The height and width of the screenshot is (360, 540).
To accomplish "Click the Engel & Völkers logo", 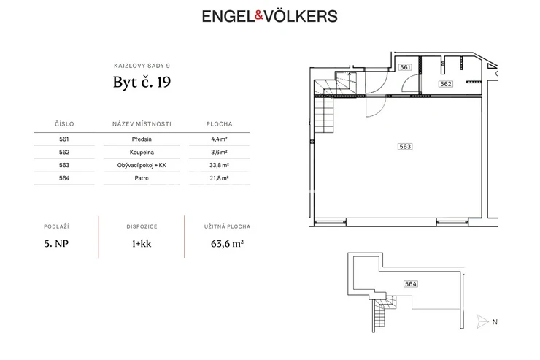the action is [x=270, y=16].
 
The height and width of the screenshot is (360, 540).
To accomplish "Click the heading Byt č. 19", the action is [x=142, y=82].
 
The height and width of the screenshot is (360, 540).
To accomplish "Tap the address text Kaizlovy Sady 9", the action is [x=142, y=66].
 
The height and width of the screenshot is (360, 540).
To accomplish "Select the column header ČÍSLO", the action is [x=64, y=124].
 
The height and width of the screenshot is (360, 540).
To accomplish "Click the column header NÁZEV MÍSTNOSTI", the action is [x=142, y=124].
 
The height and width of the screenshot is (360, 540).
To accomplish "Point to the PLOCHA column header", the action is [x=219, y=124].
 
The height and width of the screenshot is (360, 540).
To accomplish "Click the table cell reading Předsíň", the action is [x=142, y=139].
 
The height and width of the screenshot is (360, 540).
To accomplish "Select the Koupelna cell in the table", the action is [x=142, y=153].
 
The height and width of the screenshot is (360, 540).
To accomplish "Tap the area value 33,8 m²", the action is [x=219, y=165].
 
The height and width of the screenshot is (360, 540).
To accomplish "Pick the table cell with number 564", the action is [x=64, y=178].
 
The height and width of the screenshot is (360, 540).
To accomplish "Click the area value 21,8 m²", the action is [x=219, y=178].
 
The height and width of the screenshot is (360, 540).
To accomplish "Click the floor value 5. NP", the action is [x=56, y=244].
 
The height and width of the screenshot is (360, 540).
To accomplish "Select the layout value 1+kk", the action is [x=142, y=244].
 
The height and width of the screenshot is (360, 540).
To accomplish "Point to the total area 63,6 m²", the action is [x=227, y=244].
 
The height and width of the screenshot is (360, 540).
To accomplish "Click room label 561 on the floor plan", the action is [x=405, y=67].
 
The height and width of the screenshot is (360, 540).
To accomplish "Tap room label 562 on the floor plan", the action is [x=446, y=84].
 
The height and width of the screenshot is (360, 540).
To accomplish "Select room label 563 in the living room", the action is [x=405, y=147].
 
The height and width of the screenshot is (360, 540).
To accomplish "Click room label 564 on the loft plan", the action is [x=411, y=284].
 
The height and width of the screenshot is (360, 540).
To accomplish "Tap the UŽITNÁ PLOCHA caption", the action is [x=227, y=226].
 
